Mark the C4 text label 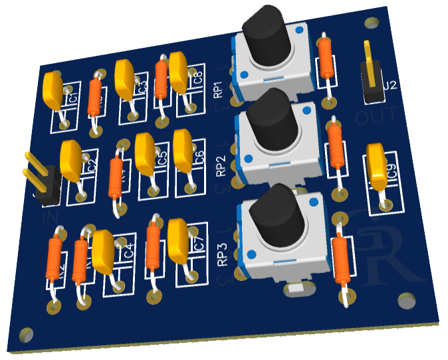click(x=129, y=252)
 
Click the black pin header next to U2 click(x=370, y=80)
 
